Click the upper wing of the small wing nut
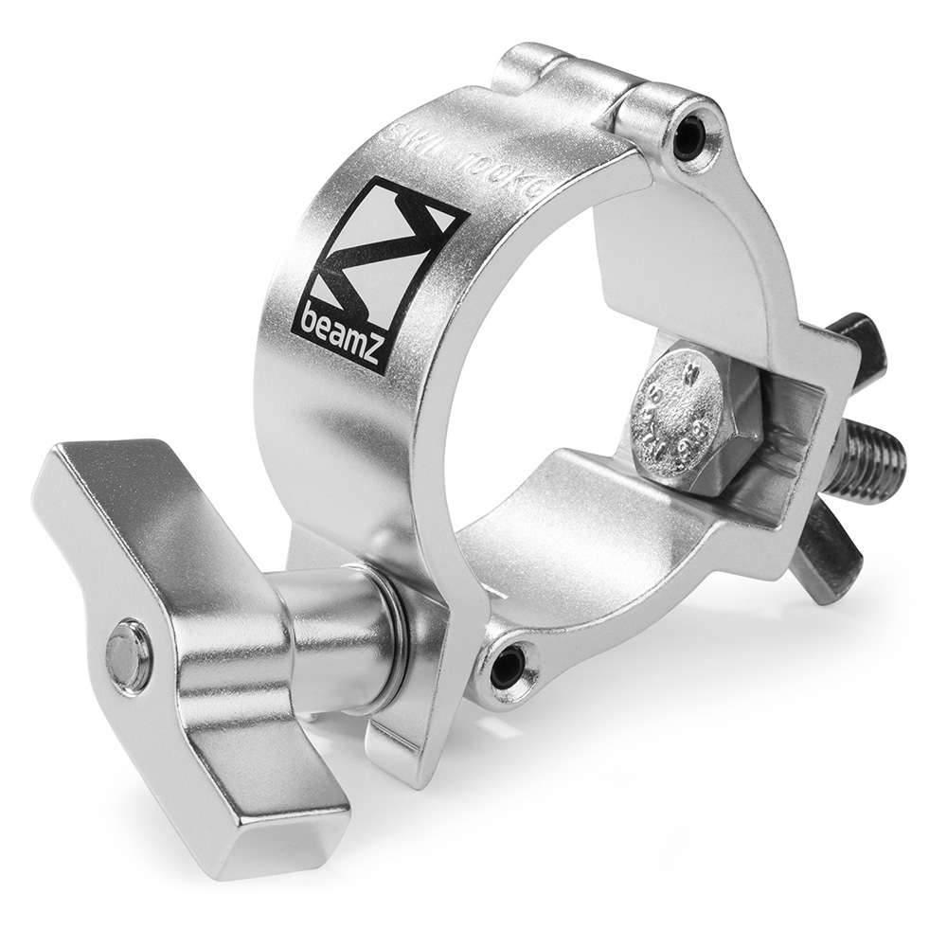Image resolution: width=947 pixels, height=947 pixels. pyautogui.click(x=857, y=341)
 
